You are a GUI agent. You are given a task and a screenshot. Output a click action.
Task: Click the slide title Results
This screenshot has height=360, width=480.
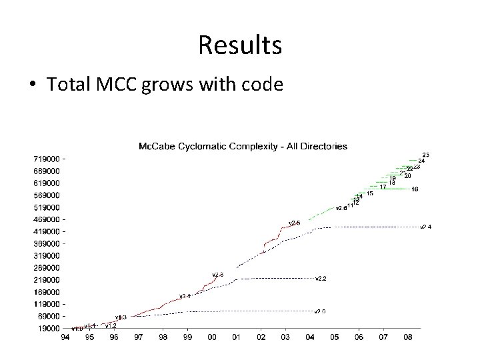point(240,45)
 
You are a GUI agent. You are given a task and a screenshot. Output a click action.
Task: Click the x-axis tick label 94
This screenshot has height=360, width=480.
point(65,338)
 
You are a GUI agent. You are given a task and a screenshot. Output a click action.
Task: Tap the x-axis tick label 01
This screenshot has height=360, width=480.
point(236,338)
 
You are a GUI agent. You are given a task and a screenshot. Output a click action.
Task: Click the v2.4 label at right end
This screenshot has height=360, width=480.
point(426,227)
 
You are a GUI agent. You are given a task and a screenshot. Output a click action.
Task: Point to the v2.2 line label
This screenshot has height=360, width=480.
point(321,278)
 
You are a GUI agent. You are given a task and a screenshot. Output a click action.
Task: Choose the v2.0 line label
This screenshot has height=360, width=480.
point(320,311)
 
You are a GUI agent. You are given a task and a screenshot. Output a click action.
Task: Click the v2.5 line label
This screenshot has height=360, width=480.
point(294,222)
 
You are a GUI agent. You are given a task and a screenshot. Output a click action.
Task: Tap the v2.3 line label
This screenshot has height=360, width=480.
point(218,274)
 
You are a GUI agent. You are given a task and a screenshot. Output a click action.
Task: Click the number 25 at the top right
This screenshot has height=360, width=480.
point(426,155)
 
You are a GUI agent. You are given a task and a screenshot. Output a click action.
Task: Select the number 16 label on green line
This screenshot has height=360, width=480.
point(415,189)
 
